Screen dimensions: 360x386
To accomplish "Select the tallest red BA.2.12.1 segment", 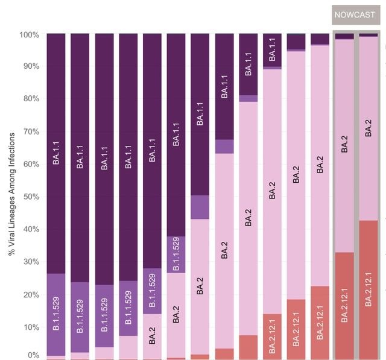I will tap(368, 289).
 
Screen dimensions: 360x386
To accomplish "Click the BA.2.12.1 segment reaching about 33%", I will tap(344, 306).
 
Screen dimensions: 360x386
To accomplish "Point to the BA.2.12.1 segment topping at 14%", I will tap(272, 336).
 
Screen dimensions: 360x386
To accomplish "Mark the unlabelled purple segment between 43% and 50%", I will tap(200, 207).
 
